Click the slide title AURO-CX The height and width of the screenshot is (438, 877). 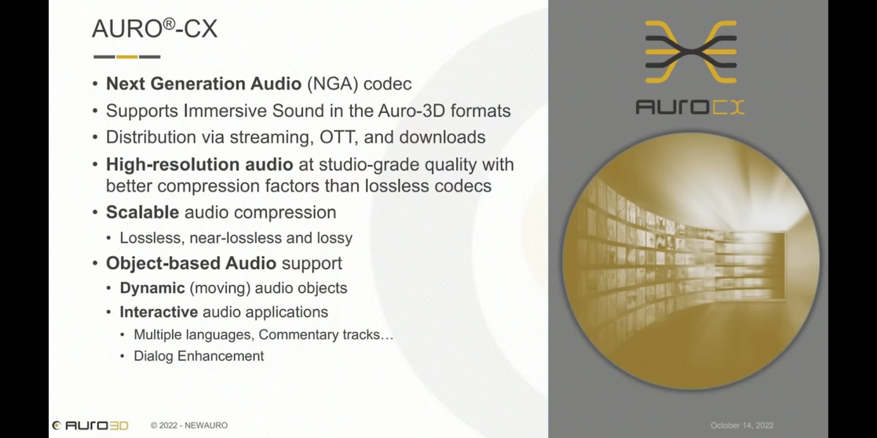(154, 28)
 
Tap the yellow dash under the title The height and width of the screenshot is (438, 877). (127, 57)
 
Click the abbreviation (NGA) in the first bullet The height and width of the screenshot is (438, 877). (332, 84)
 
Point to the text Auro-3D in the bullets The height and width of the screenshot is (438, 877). (411, 111)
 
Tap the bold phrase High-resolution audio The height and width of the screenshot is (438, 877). (200, 165)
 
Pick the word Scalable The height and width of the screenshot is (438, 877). (143, 212)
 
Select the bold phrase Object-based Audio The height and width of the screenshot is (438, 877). (191, 263)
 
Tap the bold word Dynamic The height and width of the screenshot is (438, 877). (152, 288)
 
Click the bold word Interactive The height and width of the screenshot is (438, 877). (158, 312)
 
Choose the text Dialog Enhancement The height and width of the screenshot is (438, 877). (199, 356)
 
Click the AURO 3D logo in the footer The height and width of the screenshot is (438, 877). (90, 425)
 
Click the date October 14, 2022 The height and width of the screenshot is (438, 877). (742, 425)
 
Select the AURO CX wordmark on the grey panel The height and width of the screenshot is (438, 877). (690, 107)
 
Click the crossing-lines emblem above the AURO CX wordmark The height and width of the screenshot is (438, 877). (691, 52)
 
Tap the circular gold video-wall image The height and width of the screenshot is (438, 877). (691, 261)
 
